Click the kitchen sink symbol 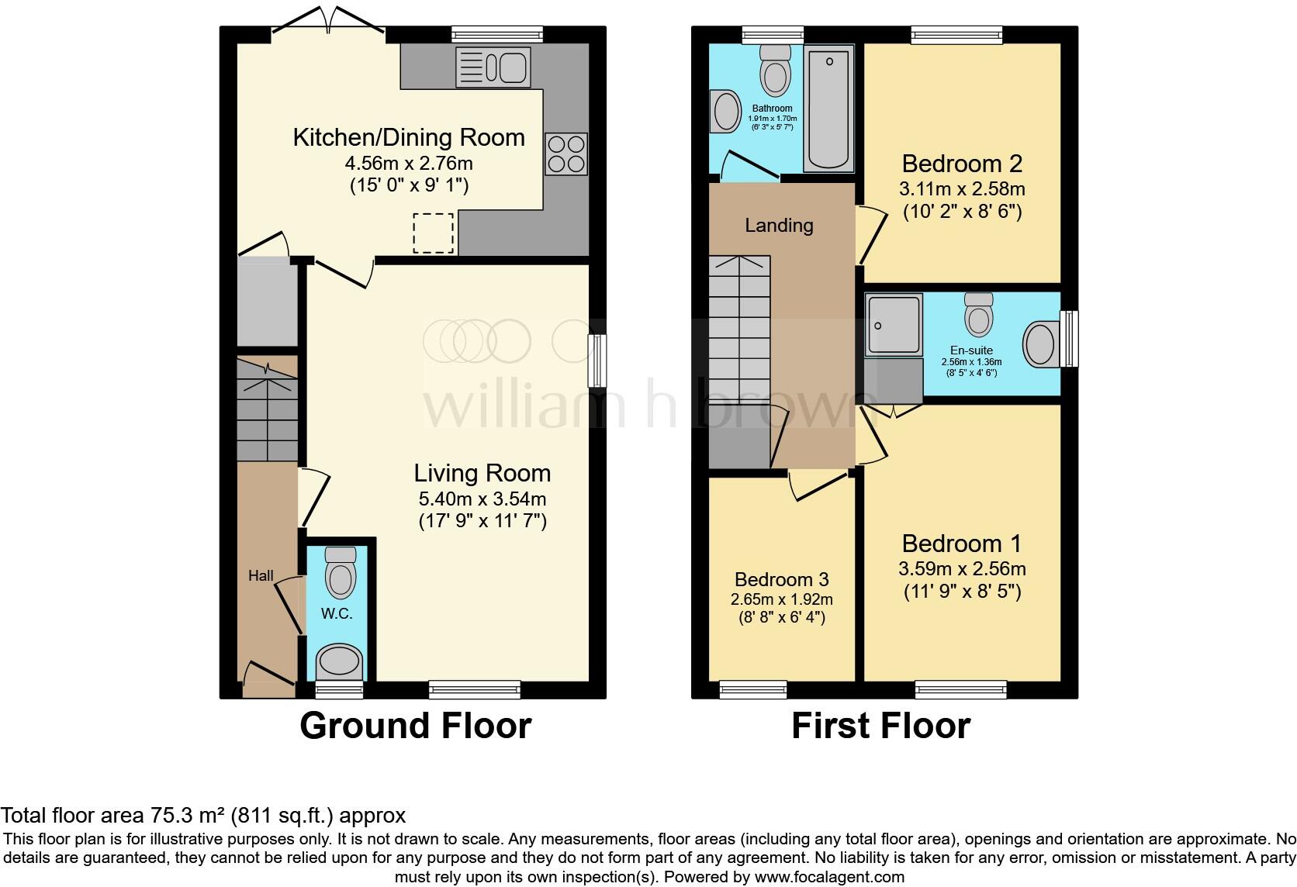click(493, 66)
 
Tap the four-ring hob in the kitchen click(565, 154)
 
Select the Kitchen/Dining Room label click(409, 137)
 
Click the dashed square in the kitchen click(433, 233)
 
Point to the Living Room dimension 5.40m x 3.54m click(482, 499)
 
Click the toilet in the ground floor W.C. click(340, 571)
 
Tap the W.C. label click(337, 613)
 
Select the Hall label click(261, 575)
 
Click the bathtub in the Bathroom click(828, 109)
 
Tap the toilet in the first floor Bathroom click(775, 70)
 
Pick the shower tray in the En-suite click(894, 323)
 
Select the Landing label click(779, 226)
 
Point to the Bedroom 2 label click(962, 164)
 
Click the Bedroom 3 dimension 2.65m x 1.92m click(781, 599)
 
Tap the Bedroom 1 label click(962, 543)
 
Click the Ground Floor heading click(415, 726)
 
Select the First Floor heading click(880, 726)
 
